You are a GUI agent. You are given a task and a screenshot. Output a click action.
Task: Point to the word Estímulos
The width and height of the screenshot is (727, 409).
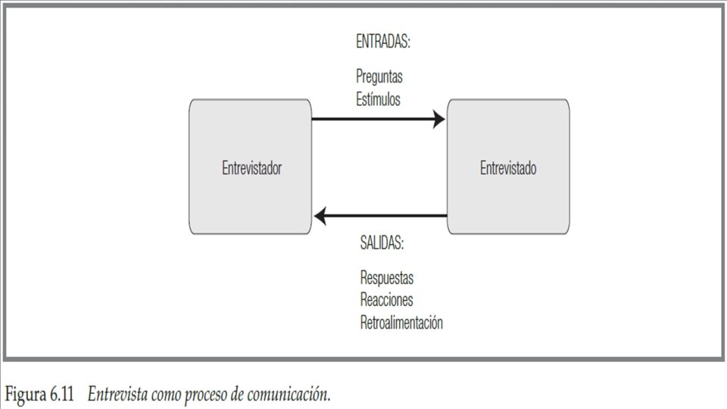[379, 98]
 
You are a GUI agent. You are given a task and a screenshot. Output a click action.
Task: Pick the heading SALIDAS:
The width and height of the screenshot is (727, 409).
[382, 244]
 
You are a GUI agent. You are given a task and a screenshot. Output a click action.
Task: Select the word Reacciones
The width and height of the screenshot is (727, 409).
[386, 300]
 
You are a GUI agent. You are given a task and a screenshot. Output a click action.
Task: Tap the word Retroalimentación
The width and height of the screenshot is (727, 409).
[401, 323]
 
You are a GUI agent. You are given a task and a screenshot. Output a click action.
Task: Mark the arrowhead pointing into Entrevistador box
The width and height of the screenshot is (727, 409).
[320, 217]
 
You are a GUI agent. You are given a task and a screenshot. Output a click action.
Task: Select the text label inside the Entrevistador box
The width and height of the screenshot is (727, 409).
[251, 168]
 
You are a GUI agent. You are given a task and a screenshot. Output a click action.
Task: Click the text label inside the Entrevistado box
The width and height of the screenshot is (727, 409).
[508, 168]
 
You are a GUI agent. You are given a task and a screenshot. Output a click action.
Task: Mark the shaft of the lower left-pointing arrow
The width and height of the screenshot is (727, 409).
[386, 217]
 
